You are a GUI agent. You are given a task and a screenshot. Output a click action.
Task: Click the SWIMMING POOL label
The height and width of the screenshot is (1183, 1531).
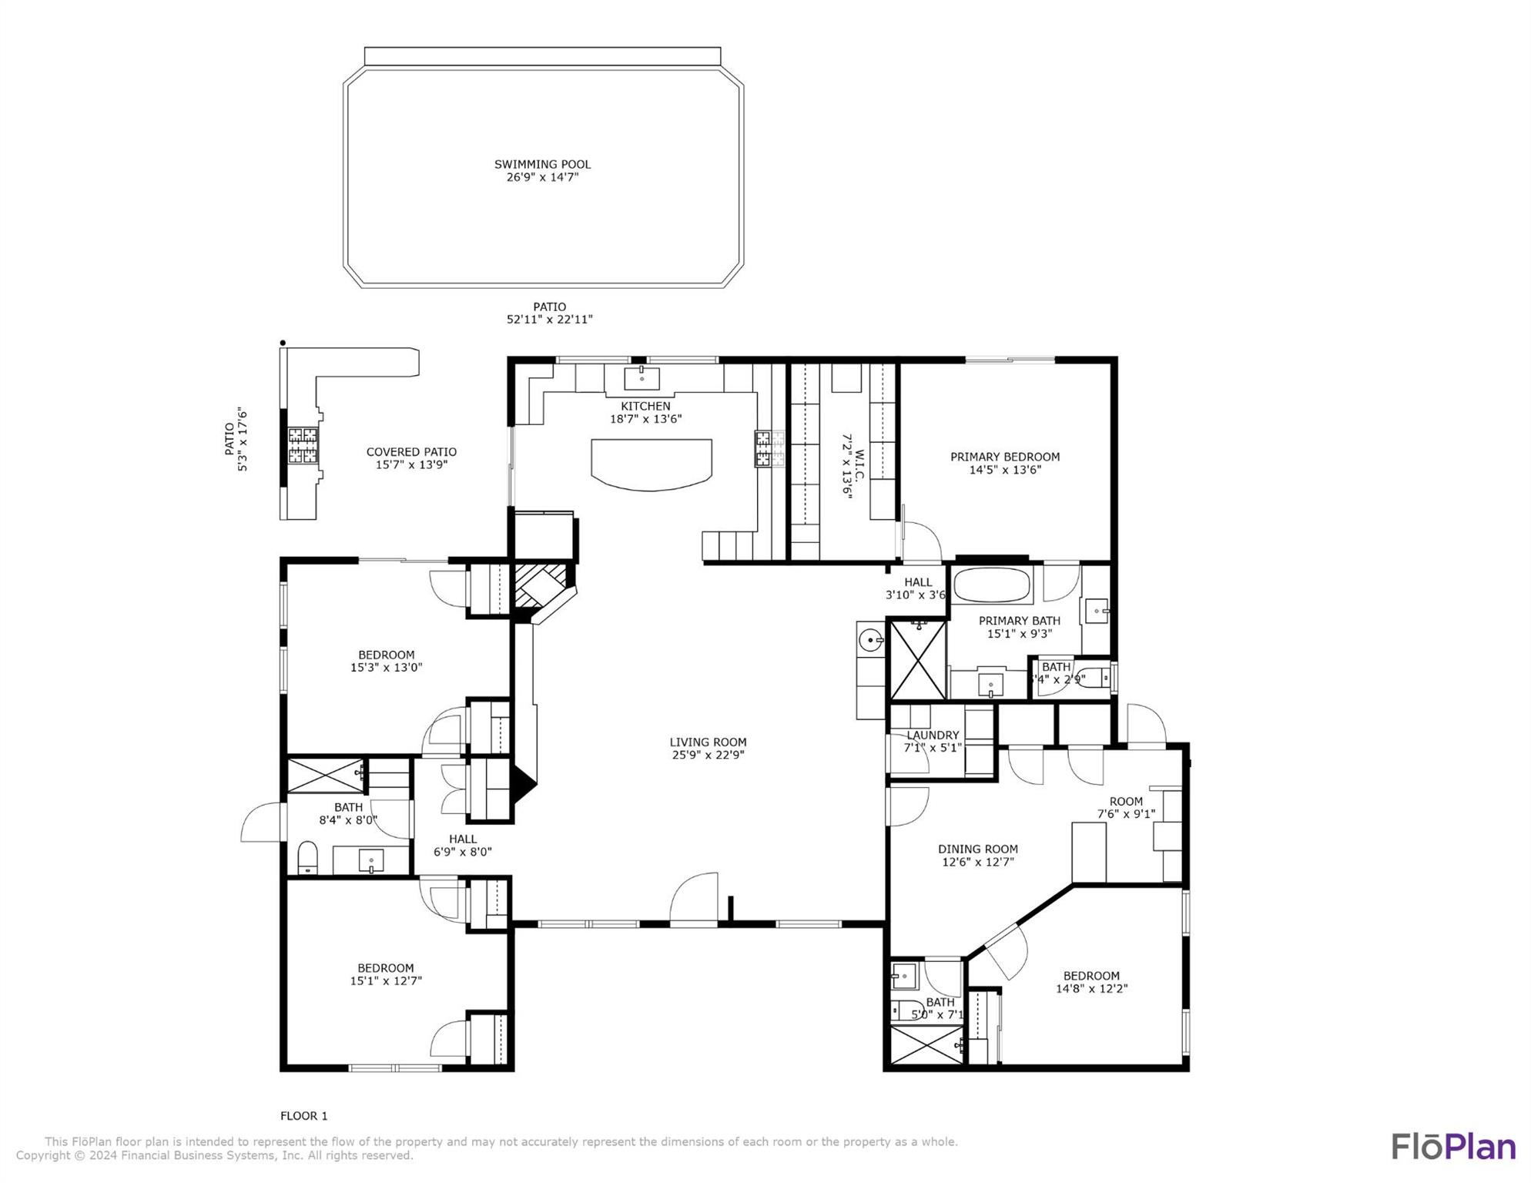click(542, 164)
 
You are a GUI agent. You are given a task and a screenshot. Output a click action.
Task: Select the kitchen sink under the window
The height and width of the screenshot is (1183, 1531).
click(642, 378)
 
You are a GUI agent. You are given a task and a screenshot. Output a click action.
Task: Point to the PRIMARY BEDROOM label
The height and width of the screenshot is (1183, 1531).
click(1004, 457)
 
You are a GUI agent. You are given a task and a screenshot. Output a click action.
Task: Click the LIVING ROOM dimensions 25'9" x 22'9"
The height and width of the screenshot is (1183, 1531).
click(708, 756)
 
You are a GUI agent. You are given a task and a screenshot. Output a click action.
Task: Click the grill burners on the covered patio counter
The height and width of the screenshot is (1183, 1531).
click(303, 445)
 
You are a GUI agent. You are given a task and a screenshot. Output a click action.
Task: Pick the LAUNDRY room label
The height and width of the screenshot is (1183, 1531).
click(933, 735)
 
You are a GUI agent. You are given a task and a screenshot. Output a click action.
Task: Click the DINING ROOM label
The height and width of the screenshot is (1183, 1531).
click(977, 849)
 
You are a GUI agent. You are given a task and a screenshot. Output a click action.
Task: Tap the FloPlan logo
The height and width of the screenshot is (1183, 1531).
click(1452, 1146)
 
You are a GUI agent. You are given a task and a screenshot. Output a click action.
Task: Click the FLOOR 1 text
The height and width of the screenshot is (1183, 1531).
click(303, 1115)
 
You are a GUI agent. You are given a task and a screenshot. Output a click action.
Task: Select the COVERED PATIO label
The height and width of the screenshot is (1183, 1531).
click(411, 452)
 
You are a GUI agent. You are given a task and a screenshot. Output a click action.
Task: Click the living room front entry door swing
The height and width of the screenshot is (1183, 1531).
click(695, 897)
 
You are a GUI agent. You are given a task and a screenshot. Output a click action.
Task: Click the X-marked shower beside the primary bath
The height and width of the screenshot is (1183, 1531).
click(917, 660)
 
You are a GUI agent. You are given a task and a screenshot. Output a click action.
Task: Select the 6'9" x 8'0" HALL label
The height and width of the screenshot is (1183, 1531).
click(462, 839)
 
